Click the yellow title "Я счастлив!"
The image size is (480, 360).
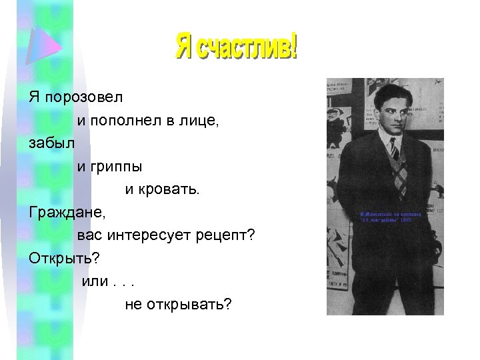pos(237,46)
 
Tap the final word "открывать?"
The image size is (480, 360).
pos(189,305)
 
